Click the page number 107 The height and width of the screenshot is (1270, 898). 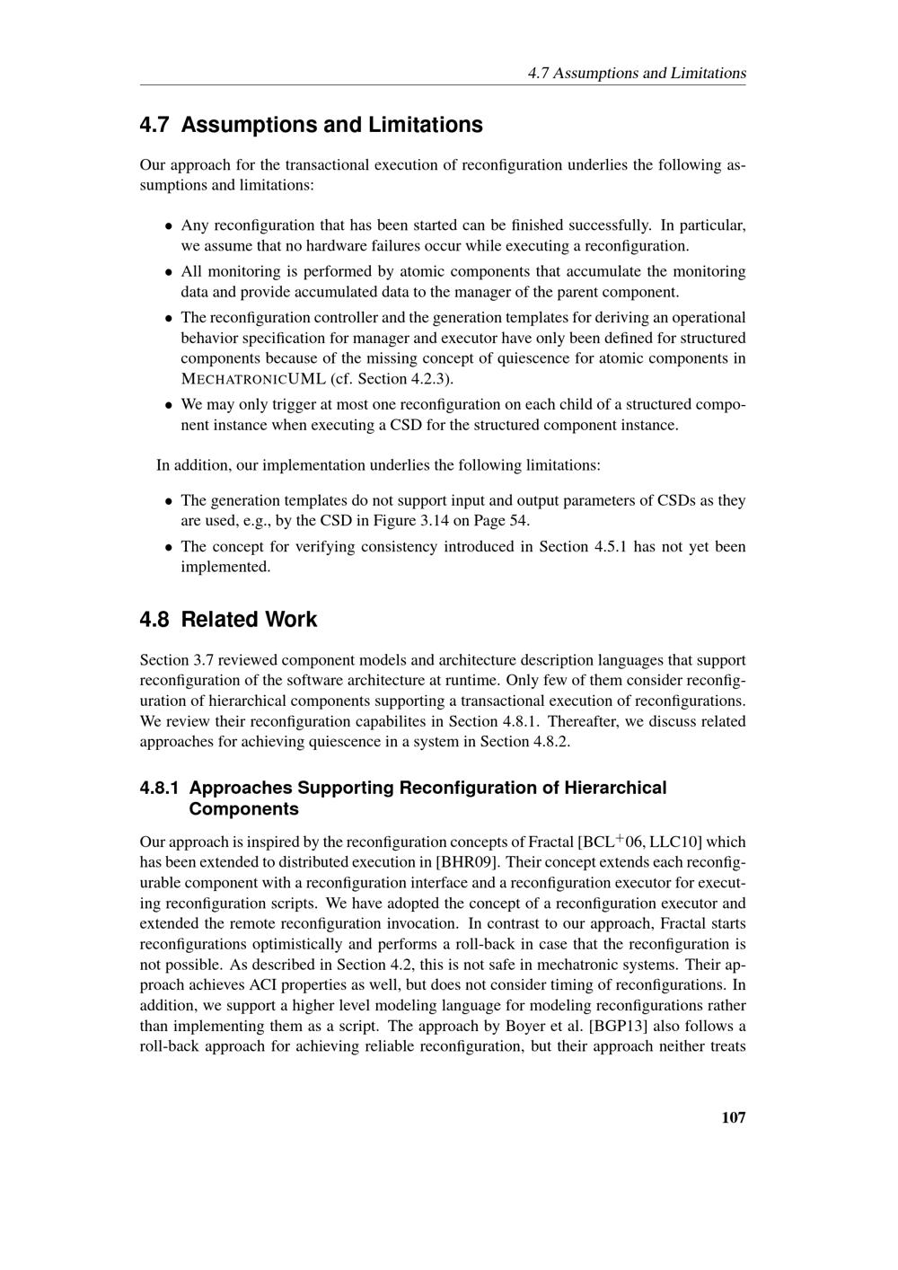coord(733,1117)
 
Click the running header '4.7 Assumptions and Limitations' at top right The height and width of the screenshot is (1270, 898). coord(637,73)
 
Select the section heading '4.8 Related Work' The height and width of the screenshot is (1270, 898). coord(228,620)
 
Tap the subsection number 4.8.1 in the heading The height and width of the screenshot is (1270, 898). coord(159,788)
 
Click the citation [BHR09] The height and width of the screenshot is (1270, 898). coord(466,862)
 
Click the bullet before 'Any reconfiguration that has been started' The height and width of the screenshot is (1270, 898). coord(168,225)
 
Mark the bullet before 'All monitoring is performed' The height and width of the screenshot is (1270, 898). coord(168,271)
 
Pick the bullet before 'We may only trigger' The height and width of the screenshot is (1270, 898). coord(168,405)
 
